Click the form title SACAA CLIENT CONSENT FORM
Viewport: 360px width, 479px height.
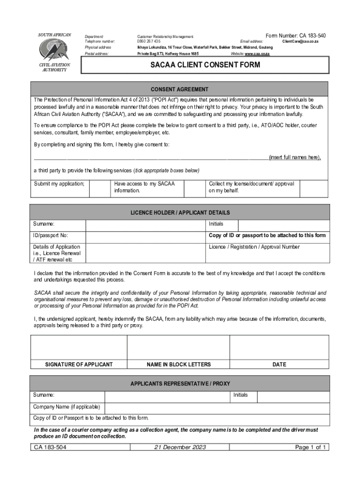205,65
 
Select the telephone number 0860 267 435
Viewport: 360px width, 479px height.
149,42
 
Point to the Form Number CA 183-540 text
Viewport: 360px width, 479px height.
295,36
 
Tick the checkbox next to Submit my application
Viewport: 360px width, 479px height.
99,188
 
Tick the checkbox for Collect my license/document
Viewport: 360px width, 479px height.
314,188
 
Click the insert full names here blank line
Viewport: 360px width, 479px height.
150,157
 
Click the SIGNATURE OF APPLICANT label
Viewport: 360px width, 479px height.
79,364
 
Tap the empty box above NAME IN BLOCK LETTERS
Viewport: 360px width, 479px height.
178,347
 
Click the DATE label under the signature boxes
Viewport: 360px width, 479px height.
279,364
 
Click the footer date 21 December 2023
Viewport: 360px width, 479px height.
180,447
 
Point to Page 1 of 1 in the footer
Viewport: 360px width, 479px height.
310,447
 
